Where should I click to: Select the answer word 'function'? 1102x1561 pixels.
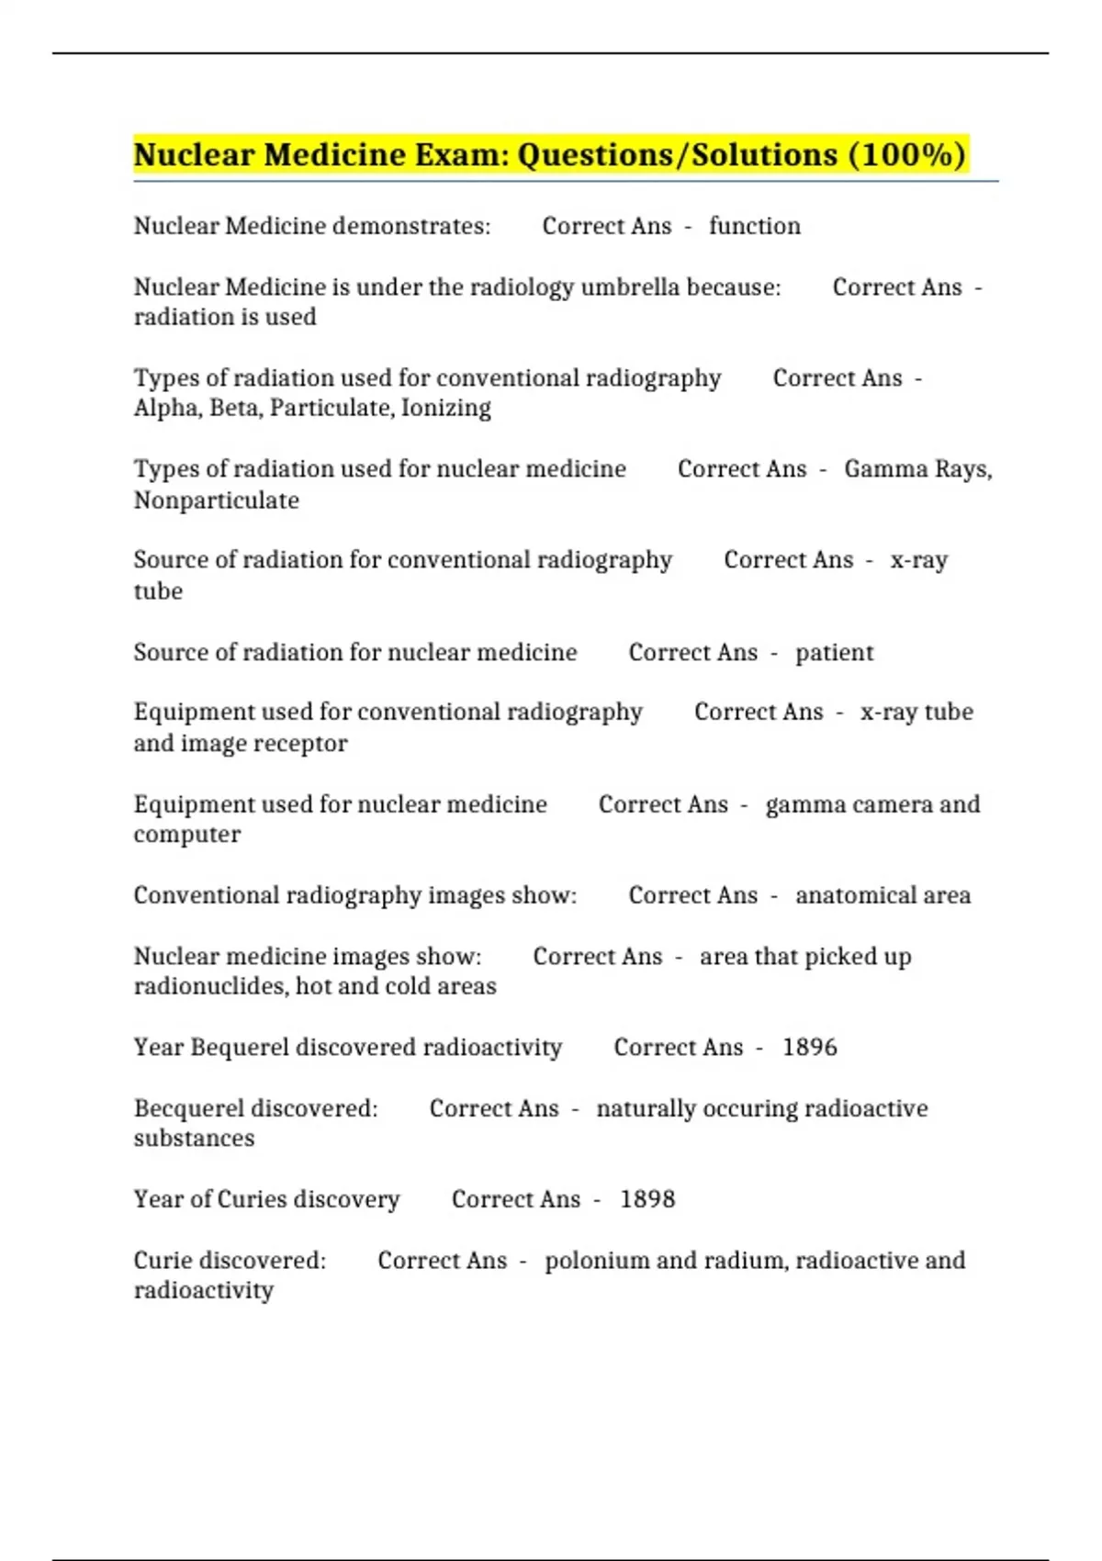tap(754, 226)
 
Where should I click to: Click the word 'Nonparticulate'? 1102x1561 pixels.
tap(216, 500)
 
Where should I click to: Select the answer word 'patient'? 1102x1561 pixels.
tap(834, 653)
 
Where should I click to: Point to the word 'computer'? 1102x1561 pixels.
tap(186, 835)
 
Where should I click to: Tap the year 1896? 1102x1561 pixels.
tap(809, 1048)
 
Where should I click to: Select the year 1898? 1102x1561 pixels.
tap(647, 1199)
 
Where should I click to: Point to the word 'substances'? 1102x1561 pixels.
tap(194, 1139)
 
